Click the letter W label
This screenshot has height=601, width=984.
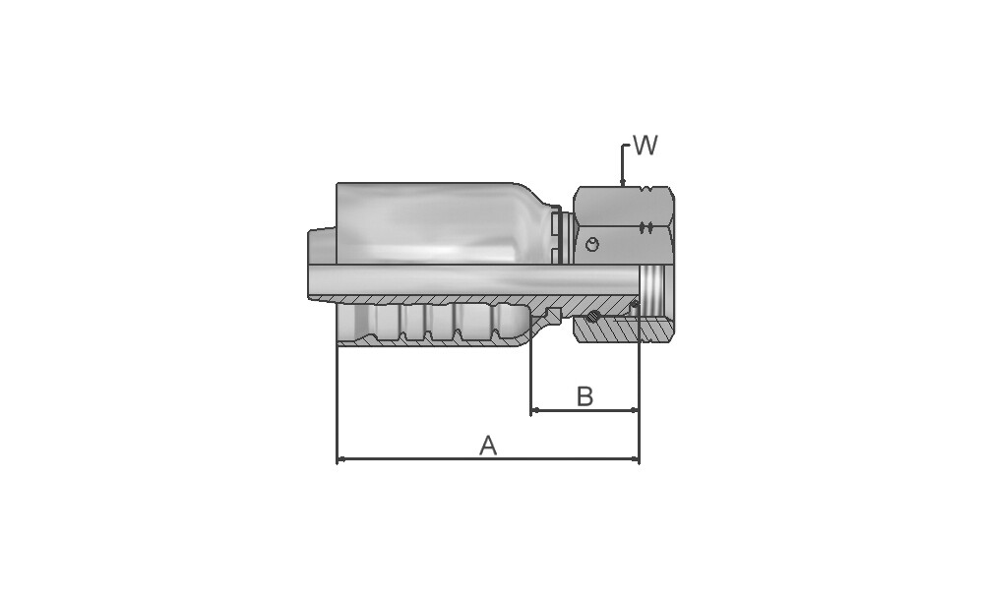point(646,145)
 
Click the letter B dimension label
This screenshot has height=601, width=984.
point(584,396)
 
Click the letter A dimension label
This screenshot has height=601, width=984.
point(488,446)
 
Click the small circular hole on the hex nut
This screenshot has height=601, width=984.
point(591,244)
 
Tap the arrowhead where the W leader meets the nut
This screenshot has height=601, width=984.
point(623,183)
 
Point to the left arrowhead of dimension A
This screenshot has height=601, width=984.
point(341,459)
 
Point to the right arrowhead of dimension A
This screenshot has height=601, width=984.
point(635,459)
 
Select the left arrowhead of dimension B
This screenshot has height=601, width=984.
point(535,411)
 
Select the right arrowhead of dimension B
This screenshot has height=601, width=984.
point(635,411)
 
